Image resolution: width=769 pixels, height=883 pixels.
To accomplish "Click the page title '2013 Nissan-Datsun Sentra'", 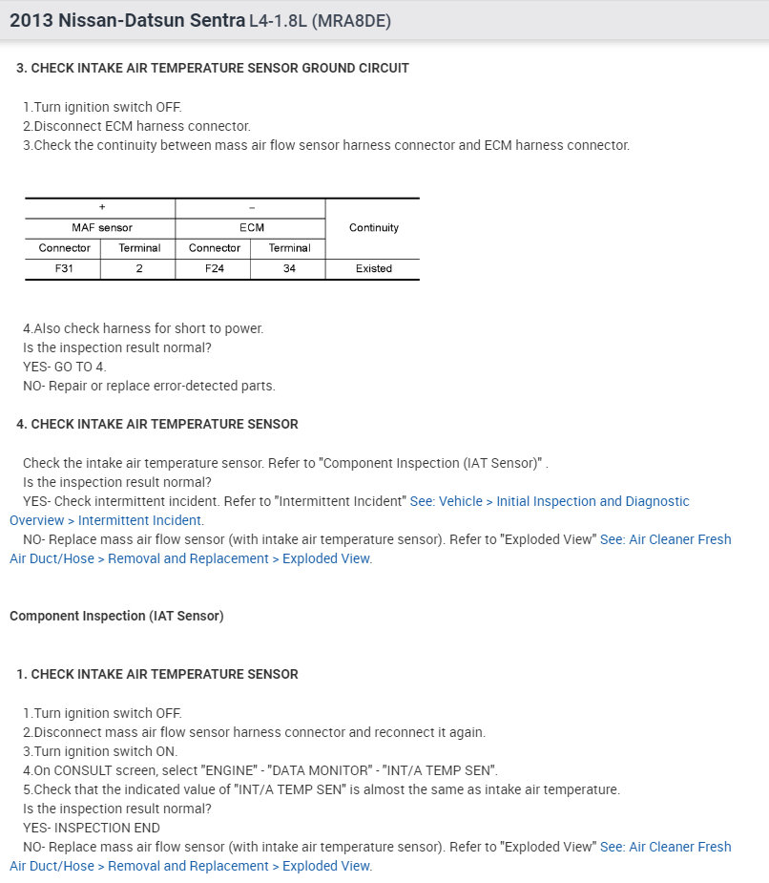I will coord(127,19).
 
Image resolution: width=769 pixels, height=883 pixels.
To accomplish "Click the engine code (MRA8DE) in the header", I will coord(351,20).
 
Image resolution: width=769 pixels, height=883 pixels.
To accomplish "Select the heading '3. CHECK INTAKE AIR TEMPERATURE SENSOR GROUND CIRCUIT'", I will coord(213,68).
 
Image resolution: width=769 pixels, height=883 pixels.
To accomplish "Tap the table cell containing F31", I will coord(63,268).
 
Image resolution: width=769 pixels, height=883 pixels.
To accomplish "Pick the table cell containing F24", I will coord(214,268).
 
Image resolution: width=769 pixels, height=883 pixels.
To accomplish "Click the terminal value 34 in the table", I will coord(288,268).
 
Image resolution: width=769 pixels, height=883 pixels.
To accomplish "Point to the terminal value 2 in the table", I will coord(138,268).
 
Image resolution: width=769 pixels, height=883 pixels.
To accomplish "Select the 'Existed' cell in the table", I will coord(373,268).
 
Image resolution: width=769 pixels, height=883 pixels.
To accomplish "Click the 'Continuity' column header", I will coord(373,227).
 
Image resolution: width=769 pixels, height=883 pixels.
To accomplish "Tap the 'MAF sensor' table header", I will coord(101,227).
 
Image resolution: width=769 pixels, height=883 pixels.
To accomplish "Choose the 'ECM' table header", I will coord(251,227).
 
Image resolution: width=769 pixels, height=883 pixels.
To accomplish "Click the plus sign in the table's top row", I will coord(101,207).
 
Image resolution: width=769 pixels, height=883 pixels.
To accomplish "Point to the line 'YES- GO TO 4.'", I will coord(65,367).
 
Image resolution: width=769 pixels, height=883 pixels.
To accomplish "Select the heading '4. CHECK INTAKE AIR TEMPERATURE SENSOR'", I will coord(157,424).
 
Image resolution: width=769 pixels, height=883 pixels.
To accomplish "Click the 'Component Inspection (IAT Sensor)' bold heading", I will coord(116,616).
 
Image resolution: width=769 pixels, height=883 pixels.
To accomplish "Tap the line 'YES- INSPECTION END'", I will coord(92,828).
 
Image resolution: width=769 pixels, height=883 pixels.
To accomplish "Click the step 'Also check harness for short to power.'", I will coord(143,328).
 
